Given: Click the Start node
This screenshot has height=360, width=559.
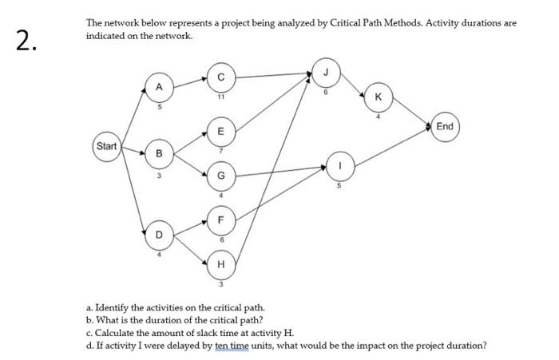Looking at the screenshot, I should [x=106, y=146].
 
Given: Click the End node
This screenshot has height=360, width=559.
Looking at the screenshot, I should [x=445, y=126].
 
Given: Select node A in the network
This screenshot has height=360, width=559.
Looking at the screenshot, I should [x=159, y=86].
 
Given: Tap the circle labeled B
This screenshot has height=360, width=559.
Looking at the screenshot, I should [x=159, y=152].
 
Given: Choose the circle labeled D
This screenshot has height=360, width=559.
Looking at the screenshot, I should [x=159, y=235].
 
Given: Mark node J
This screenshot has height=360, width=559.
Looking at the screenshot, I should [x=324, y=70].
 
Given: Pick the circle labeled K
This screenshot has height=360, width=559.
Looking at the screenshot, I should [x=378, y=97].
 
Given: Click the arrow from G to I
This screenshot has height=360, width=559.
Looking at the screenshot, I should [x=279, y=171].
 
